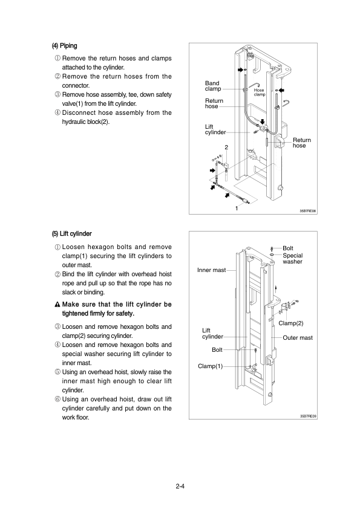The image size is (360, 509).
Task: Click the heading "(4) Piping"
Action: click(64, 46)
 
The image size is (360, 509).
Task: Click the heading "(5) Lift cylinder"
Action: click(71, 234)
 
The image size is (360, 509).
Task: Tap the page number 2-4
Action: click(180, 486)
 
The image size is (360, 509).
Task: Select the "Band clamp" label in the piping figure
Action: click(213, 86)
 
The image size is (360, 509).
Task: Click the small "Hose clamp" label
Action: click(260, 92)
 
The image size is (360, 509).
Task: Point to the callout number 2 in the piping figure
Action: click(226, 148)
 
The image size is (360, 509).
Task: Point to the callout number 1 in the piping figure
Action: click(237, 209)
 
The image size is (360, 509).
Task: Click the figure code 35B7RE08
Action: click(308, 211)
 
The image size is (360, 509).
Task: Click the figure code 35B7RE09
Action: click(308, 416)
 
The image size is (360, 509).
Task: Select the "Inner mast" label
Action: click(211, 270)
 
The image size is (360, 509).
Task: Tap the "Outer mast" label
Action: click(298, 337)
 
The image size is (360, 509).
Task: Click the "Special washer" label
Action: click(292, 258)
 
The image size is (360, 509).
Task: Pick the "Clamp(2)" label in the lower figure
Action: click(291, 323)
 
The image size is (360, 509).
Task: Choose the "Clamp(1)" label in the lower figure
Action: click(210, 366)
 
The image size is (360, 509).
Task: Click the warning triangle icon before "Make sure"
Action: click(57, 305)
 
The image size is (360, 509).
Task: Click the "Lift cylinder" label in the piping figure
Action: click(215, 129)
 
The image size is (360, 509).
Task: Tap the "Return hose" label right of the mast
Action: click(302, 143)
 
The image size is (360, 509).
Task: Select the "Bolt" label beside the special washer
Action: click(288, 248)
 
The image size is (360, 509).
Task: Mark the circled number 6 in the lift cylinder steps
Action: click(57, 399)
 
